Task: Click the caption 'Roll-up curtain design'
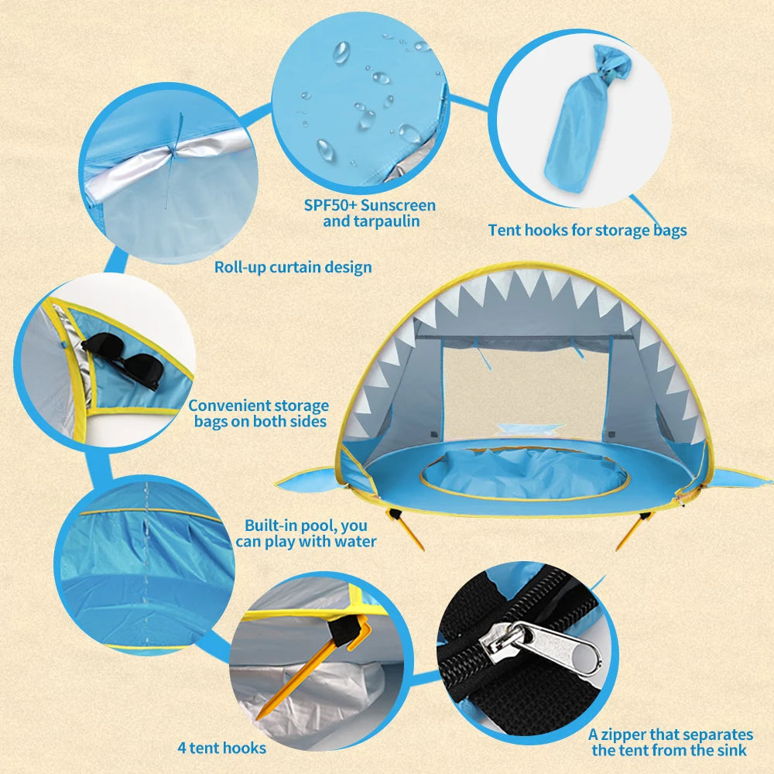293,267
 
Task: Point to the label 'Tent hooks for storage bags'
587,230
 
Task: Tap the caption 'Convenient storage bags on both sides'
259,413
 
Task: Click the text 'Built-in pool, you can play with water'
306,533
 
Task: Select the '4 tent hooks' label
221,748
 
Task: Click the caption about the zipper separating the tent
670,741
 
